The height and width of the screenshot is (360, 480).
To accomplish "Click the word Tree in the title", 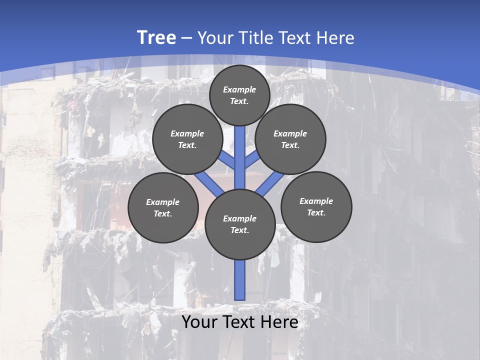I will click(x=156, y=38).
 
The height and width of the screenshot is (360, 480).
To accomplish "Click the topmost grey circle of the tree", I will click(x=239, y=95).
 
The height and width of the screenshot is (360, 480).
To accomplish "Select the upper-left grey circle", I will click(x=187, y=139).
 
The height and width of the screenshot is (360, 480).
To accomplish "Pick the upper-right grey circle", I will click(x=290, y=139).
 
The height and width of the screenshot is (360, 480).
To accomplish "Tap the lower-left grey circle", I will click(x=163, y=207).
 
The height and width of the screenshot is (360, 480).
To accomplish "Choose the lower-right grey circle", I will click(x=316, y=206).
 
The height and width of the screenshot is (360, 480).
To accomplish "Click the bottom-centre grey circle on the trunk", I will click(x=240, y=224).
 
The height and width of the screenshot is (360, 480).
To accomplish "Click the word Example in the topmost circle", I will click(x=239, y=89).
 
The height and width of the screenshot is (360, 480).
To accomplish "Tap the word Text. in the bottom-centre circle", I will click(x=240, y=230).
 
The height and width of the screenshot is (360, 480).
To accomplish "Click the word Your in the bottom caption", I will click(x=199, y=322).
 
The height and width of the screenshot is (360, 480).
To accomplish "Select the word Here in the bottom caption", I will click(x=280, y=322).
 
